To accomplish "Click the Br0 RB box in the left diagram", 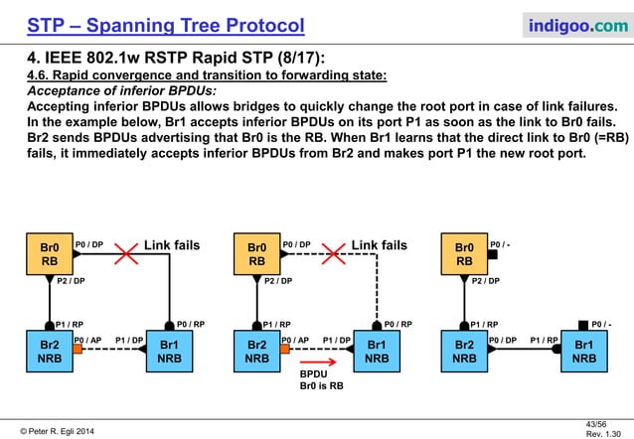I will [50, 254].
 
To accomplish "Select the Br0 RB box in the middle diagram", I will [256, 254].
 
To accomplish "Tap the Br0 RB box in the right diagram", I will [464, 254].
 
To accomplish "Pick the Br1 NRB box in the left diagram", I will [170, 352].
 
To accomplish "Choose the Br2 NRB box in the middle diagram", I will [256, 352].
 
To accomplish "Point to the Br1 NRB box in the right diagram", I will [584, 352].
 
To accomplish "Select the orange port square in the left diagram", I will [78, 351].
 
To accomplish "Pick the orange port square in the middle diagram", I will [285, 351].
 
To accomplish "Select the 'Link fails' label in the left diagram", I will [172, 244].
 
